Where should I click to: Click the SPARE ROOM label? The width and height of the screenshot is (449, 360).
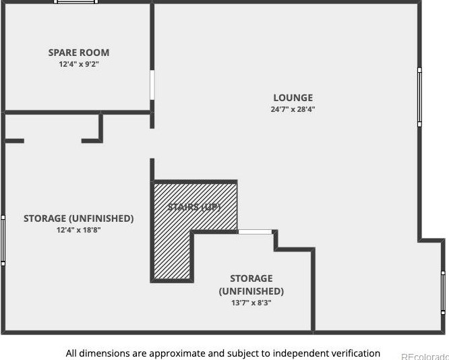[x=78, y=53]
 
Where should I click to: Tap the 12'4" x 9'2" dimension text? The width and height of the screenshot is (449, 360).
[x=78, y=64]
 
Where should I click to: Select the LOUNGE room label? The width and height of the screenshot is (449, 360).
[x=293, y=98]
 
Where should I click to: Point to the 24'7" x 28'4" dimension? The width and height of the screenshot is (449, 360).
[x=293, y=109]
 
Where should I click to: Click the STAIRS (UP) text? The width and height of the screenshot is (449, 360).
[x=195, y=207]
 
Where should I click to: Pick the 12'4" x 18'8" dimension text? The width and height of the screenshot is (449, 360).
[x=78, y=230]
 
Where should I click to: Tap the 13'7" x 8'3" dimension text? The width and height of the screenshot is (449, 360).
[x=251, y=303]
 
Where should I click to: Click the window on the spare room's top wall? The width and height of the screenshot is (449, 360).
[x=76, y=2]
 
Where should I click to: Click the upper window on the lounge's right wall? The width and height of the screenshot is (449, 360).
[x=419, y=96]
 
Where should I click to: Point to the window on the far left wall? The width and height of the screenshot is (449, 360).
[x=3, y=240]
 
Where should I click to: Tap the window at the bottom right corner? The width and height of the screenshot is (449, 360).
[x=443, y=291]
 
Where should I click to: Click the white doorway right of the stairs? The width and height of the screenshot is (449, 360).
[x=256, y=232]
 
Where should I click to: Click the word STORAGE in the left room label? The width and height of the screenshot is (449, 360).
[x=44, y=218]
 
